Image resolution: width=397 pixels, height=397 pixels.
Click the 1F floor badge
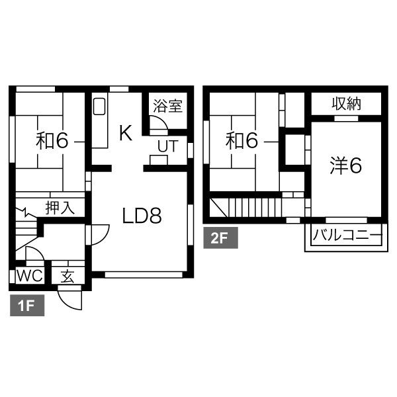coord(27,305)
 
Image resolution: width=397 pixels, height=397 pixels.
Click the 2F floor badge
coord(220,238)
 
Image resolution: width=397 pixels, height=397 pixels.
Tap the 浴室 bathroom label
coord(168,106)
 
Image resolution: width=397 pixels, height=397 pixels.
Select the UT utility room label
coord(168,146)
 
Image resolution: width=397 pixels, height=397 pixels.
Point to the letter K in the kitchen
coord(126,133)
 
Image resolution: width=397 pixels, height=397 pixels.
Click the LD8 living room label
coord(142,216)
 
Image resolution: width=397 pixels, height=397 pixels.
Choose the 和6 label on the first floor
coord(52,141)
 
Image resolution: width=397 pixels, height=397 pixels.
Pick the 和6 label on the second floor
coord(242,141)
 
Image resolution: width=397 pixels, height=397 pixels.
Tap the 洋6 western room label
coord(346,166)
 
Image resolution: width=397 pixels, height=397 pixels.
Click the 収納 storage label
coord(346,103)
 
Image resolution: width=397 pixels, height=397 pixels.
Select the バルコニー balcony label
coord(347,235)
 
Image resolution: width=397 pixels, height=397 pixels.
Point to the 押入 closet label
coord(60,208)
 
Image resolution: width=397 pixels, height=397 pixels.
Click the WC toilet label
coord(30,275)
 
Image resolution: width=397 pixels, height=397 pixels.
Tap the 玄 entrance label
coord(68,276)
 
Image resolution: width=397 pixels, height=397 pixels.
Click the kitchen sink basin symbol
coord(99,107)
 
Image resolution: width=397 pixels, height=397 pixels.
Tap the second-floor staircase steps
coord(255,207)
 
